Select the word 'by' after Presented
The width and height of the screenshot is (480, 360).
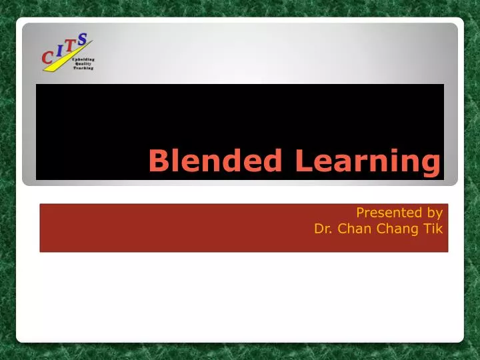(434, 213)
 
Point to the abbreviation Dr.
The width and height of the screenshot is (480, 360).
(323, 229)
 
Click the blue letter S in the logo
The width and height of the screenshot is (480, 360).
(83, 39)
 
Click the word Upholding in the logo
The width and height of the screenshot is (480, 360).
(83, 59)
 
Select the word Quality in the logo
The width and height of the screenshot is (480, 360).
(83, 63)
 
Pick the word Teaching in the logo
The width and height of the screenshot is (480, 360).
(83, 68)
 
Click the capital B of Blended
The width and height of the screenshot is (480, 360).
(156, 161)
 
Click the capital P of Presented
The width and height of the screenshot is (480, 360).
(360, 213)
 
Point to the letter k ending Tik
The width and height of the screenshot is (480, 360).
(439, 229)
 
